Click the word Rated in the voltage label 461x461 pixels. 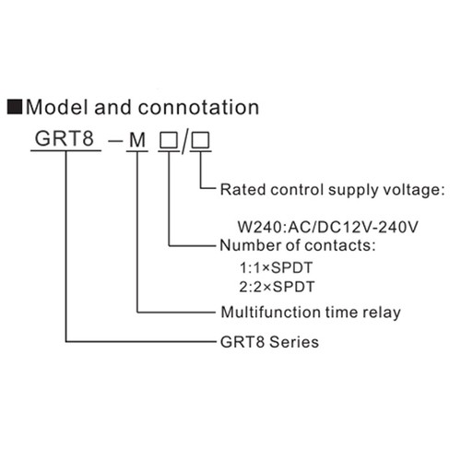point(242,192)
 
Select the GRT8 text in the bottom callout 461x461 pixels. point(241,342)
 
